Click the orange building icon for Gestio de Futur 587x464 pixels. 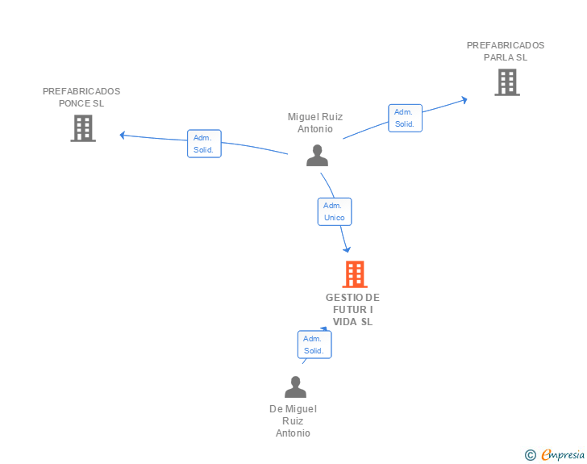click(x=354, y=274)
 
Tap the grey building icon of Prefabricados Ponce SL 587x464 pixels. click(x=83, y=127)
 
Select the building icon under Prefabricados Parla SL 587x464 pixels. click(x=506, y=82)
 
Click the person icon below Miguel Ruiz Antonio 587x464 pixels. click(x=317, y=155)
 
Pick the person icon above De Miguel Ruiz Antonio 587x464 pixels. click(x=295, y=387)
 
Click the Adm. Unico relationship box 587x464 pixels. click(x=334, y=211)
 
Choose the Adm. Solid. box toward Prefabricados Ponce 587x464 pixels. click(x=203, y=144)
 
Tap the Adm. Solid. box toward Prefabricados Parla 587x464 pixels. click(x=404, y=118)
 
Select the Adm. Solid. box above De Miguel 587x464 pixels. click(x=314, y=345)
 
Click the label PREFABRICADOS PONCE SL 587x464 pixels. click(x=81, y=97)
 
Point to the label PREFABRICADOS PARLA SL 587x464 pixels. click(x=506, y=51)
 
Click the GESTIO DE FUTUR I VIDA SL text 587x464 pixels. click(x=352, y=310)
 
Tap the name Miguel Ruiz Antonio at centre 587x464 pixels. click(x=315, y=123)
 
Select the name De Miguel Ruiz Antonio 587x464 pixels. click(x=293, y=420)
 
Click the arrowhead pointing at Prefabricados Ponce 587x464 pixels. click(x=123, y=135)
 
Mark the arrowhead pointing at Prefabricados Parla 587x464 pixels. click(x=464, y=100)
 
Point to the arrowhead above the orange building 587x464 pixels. click(x=348, y=249)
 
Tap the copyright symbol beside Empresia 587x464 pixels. click(x=530, y=455)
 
